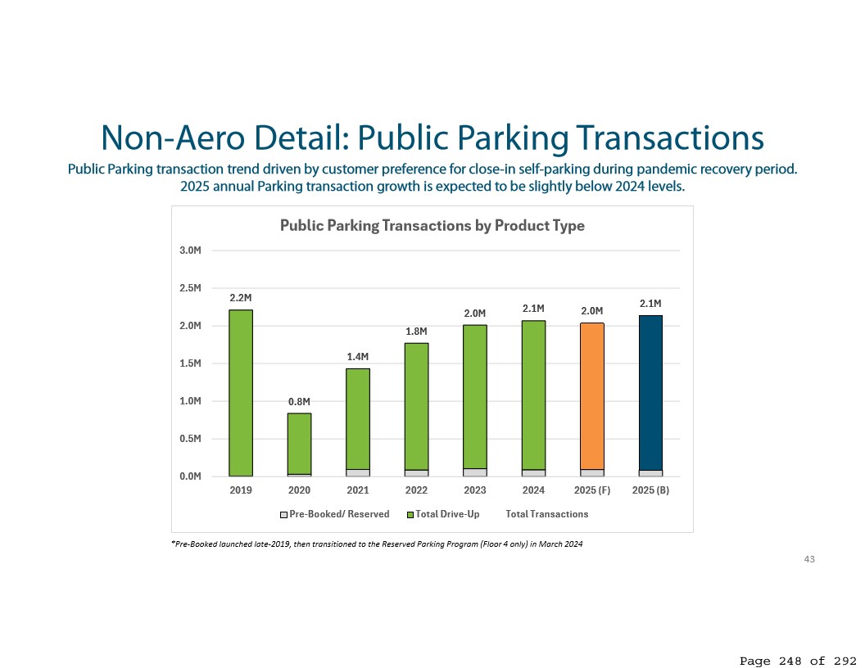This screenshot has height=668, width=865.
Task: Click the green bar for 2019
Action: (x=241, y=392)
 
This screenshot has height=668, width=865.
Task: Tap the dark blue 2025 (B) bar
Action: (x=650, y=393)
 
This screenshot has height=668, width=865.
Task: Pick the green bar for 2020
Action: (x=299, y=443)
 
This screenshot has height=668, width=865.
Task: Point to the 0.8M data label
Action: (x=299, y=402)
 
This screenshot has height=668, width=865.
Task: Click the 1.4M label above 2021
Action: (x=358, y=357)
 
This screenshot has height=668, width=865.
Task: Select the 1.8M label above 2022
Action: (x=416, y=332)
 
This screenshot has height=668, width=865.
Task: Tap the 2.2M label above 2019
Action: (x=241, y=298)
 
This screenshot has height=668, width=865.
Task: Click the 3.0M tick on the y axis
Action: (x=191, y=250)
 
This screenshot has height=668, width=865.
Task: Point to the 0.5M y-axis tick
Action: (x=191, y=439)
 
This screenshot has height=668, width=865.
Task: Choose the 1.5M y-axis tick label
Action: (x=191, y=363)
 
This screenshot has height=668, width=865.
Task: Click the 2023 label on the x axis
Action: (x=475, y=491)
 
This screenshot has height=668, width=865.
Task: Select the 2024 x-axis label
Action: (x=533, y=491)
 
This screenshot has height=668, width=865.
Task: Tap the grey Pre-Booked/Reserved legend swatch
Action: (x=284, y=515)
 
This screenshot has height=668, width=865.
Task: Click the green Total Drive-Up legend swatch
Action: (x=410, y=515)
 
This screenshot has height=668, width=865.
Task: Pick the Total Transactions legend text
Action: (x=546, y=514)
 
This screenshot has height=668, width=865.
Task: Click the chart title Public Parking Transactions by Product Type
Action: (x=432, y=226)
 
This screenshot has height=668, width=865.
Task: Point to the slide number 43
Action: (x=809, y=559)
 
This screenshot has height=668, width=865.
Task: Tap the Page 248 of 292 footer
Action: (x=798, y=660)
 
